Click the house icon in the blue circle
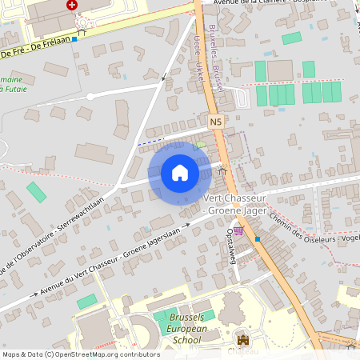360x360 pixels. pyautogui.click(x=179, y=173)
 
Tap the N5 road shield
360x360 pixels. pyautogui.click(x=216, y=122)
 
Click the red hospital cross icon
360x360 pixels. pyautogui.click(x=73, y=4)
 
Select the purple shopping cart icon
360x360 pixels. pyautogui.click(x=238, y=230)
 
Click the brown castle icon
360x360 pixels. pyautogui.click(x=242, y=339)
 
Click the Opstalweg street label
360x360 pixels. pyautogui.click(x=231, y=243)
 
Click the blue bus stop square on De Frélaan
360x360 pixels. pyautogui.click(x=74, y=38)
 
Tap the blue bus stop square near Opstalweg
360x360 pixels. pyautogui.click(x=257, y=238)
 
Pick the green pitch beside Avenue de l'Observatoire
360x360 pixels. pyautogui.click(x=36, y=192)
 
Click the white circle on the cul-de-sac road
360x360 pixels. pyautogui.click(x=90, y=96)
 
